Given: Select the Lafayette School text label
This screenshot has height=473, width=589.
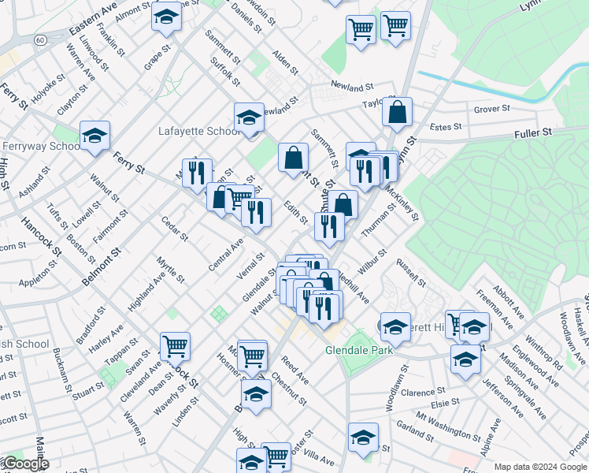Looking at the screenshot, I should [198, 131].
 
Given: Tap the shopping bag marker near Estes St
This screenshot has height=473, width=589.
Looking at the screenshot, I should [398, 112].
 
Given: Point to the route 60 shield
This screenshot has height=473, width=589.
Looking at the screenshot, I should [40, 39].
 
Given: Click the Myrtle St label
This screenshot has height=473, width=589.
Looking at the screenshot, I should [170, 269].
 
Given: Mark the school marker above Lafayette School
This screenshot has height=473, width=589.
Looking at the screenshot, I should [249, 118].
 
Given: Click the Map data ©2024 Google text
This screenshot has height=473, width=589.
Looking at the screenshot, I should [541, 466].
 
